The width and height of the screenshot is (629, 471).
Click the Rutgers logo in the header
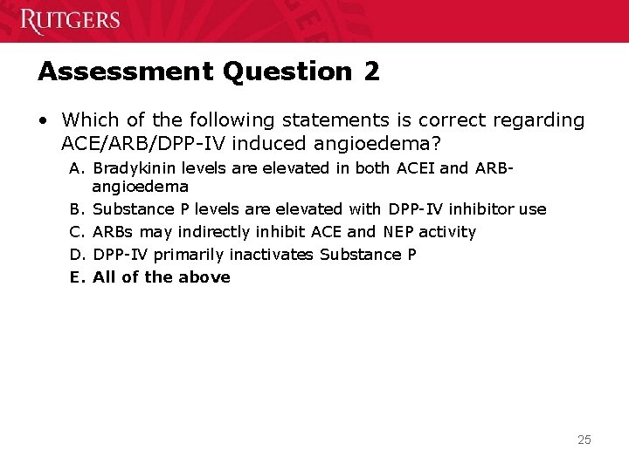(x=70, y=20)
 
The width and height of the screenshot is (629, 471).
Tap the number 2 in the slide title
(x=371, y=72)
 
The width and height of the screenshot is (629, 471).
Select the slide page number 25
(x=584, y=440)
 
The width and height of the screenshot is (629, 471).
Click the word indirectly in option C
(x=212, y=232)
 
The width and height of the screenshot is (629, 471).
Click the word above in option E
(x=204, y=277)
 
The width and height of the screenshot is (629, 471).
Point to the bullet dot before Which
(x=45, y=119)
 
